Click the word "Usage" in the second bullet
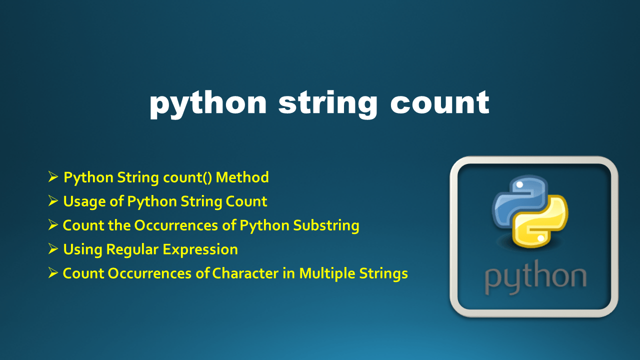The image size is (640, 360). tap(80, 201)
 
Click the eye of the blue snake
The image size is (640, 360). tap(518, 185)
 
